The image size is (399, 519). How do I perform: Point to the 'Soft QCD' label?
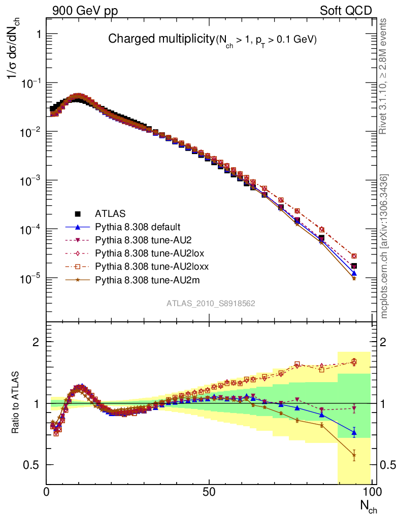point(345,11)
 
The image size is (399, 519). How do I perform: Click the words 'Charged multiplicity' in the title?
point(161,39)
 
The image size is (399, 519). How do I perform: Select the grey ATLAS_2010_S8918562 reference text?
point(211,304)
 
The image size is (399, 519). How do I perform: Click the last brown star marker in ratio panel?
point(354,455)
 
